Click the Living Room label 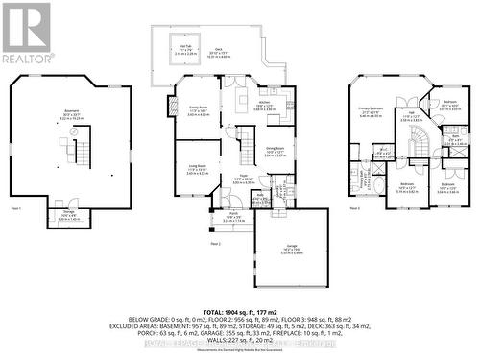point(197,170)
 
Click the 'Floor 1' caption point(15,207)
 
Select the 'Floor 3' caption point(355,207)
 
